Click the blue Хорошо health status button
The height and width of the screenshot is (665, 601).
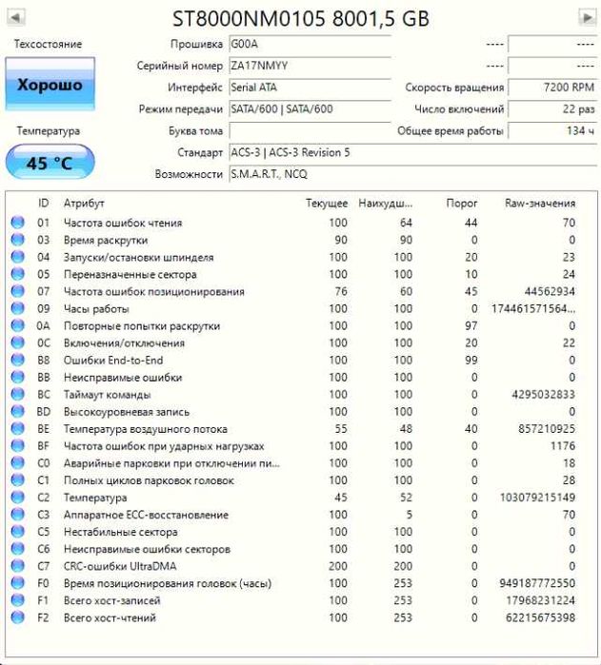point(50,86)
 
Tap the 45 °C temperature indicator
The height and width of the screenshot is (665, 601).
point(50,163)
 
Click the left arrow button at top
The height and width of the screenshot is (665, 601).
point(16,18)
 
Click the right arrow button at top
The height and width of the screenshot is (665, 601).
point(586,18)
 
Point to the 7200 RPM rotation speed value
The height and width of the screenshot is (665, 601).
point(569,88)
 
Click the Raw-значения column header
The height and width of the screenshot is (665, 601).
point(539,204)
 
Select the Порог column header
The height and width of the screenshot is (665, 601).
point(462,204)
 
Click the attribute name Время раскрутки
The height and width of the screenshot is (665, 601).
point(106,241)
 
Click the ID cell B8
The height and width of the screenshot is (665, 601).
point(44,361)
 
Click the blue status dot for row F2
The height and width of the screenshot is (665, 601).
point(17,617)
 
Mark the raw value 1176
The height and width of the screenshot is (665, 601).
point(562,446)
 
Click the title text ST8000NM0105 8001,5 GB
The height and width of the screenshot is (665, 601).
point(300,18)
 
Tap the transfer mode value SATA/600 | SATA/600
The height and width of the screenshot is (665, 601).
point(282,109)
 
